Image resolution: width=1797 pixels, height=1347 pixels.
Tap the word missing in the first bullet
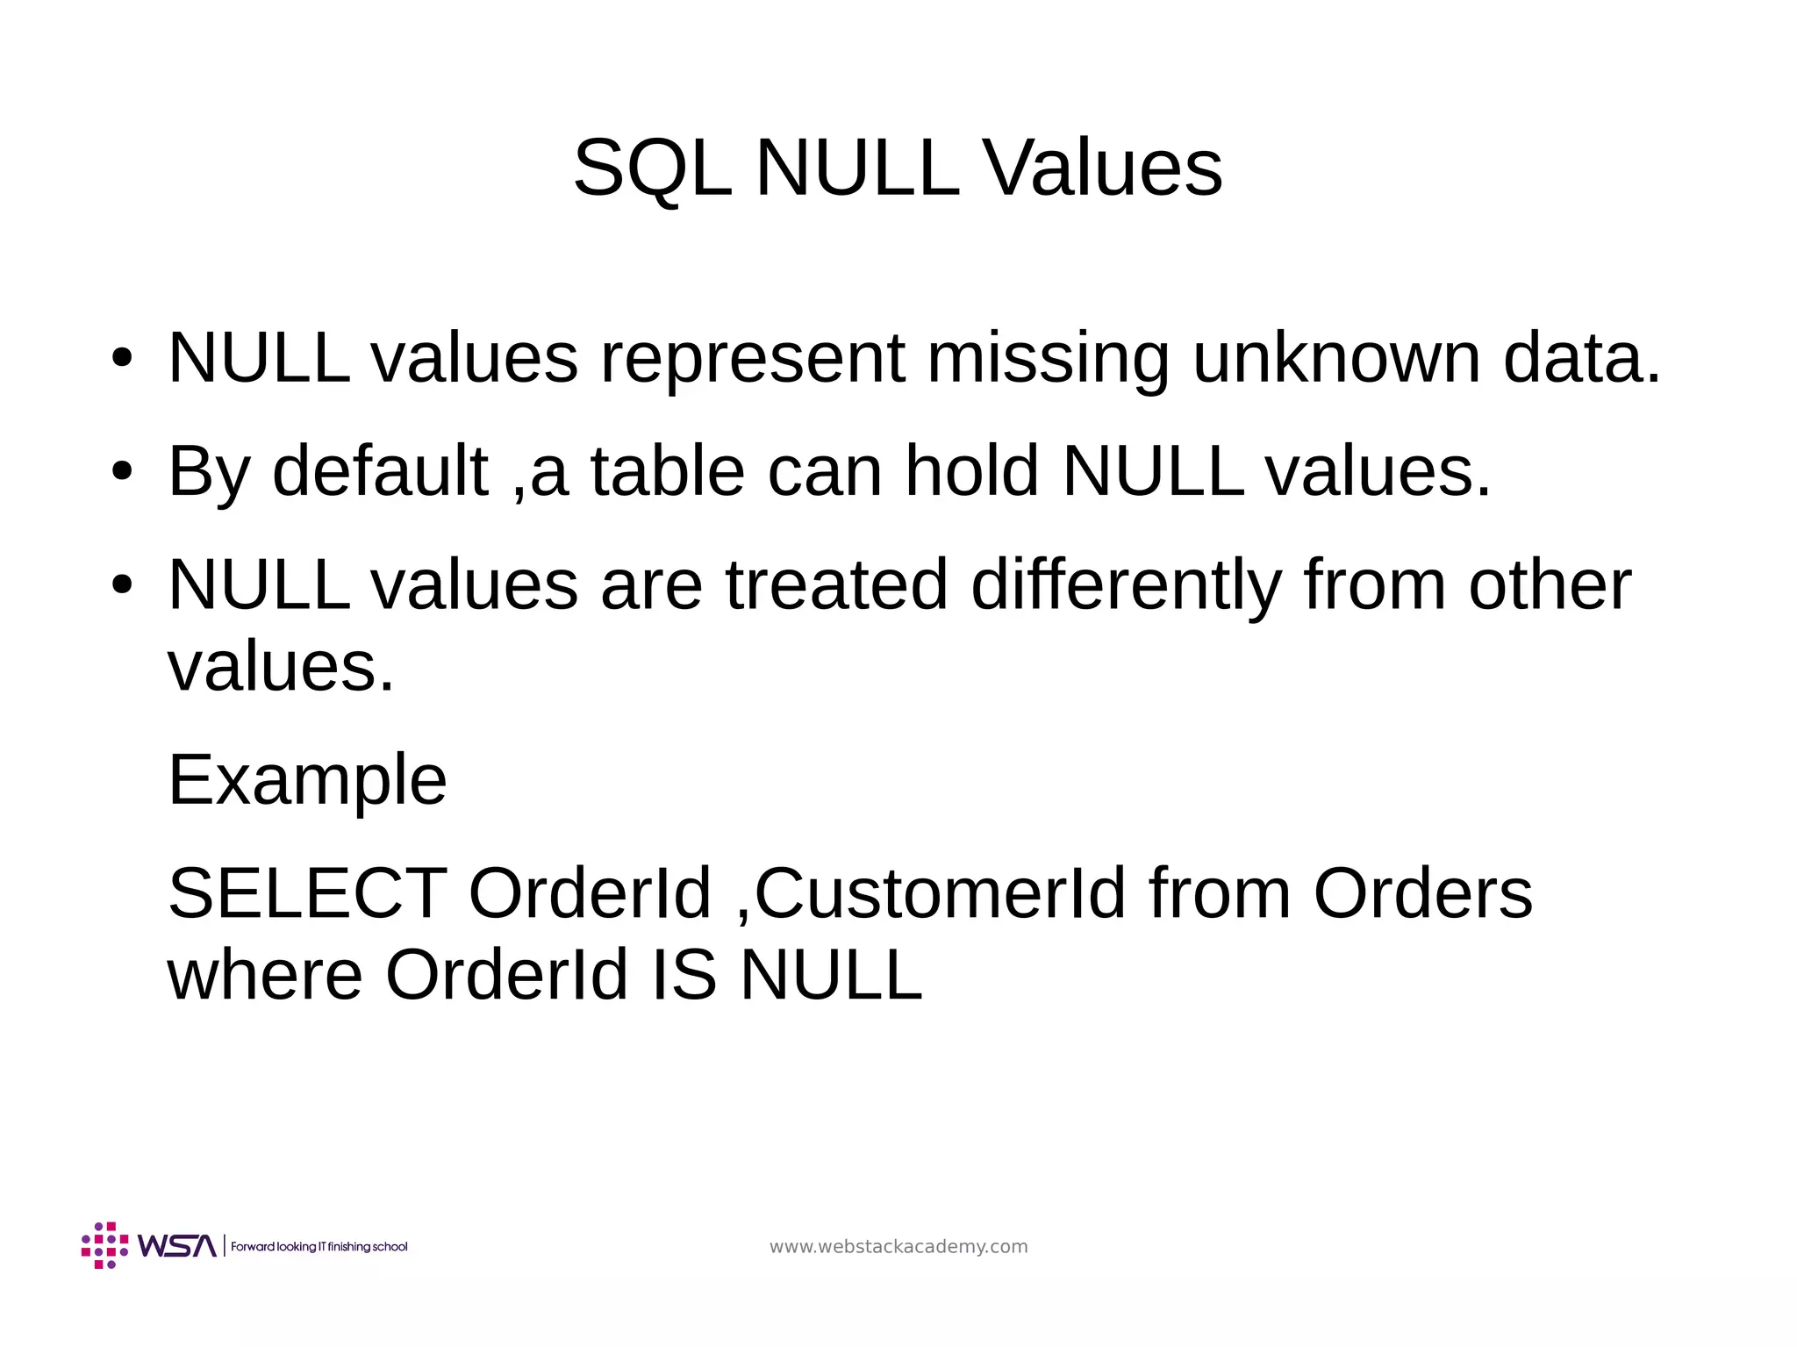1048,358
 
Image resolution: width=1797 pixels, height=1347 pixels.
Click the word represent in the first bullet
752,358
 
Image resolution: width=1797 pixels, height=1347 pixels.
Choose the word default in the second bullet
380,471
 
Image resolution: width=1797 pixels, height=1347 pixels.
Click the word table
668,471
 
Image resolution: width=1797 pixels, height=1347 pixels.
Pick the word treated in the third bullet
837,584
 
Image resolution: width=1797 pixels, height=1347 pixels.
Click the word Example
307,780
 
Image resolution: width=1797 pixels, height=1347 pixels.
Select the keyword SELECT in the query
307,894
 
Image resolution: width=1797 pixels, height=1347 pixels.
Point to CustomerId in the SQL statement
940,894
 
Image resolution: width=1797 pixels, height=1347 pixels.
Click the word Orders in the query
1422,894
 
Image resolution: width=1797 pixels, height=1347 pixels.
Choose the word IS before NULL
684,976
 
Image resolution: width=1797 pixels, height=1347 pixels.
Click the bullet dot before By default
122,472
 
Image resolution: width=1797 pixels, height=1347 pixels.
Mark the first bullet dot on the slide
122,359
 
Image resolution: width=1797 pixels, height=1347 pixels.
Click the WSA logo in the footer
149,1245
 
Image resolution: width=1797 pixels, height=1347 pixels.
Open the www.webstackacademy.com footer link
898,1247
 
